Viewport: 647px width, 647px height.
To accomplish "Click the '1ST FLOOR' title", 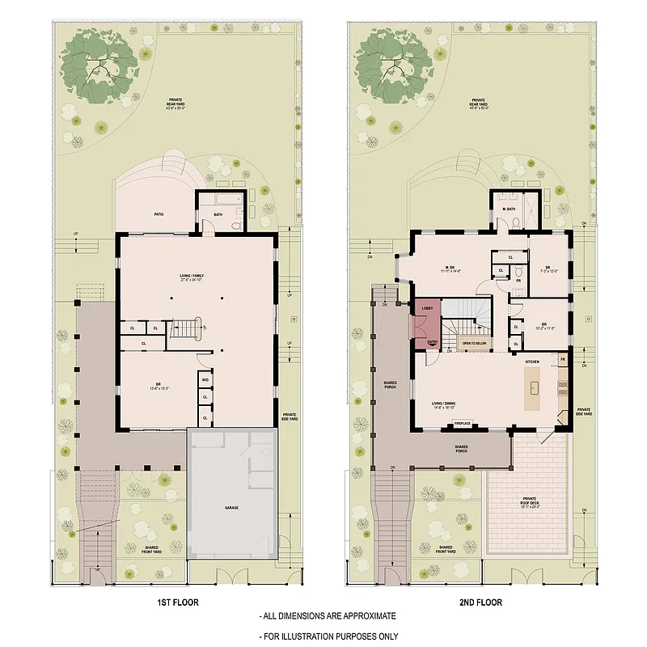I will (x=179, y=603).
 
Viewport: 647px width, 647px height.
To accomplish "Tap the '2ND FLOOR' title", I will (x=483, y=603).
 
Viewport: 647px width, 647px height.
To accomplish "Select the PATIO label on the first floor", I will (x=159, y=214).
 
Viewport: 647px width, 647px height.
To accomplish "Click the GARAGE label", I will (x=232, y=509).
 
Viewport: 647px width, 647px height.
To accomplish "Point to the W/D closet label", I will (x=205, y=379).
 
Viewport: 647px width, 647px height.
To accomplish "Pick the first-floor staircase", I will (x=188, y=328).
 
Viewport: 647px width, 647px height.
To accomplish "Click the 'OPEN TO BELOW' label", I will (x=476, y=344).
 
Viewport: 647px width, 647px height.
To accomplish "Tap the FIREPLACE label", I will (x=463, y=423).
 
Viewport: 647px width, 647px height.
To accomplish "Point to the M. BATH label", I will (x=509, y=209).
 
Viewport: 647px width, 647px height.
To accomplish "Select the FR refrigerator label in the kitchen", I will (x=563, y=357).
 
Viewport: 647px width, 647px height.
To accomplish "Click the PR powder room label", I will (x=518, y=281).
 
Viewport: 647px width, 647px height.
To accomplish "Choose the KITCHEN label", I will (x=532, y=361).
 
